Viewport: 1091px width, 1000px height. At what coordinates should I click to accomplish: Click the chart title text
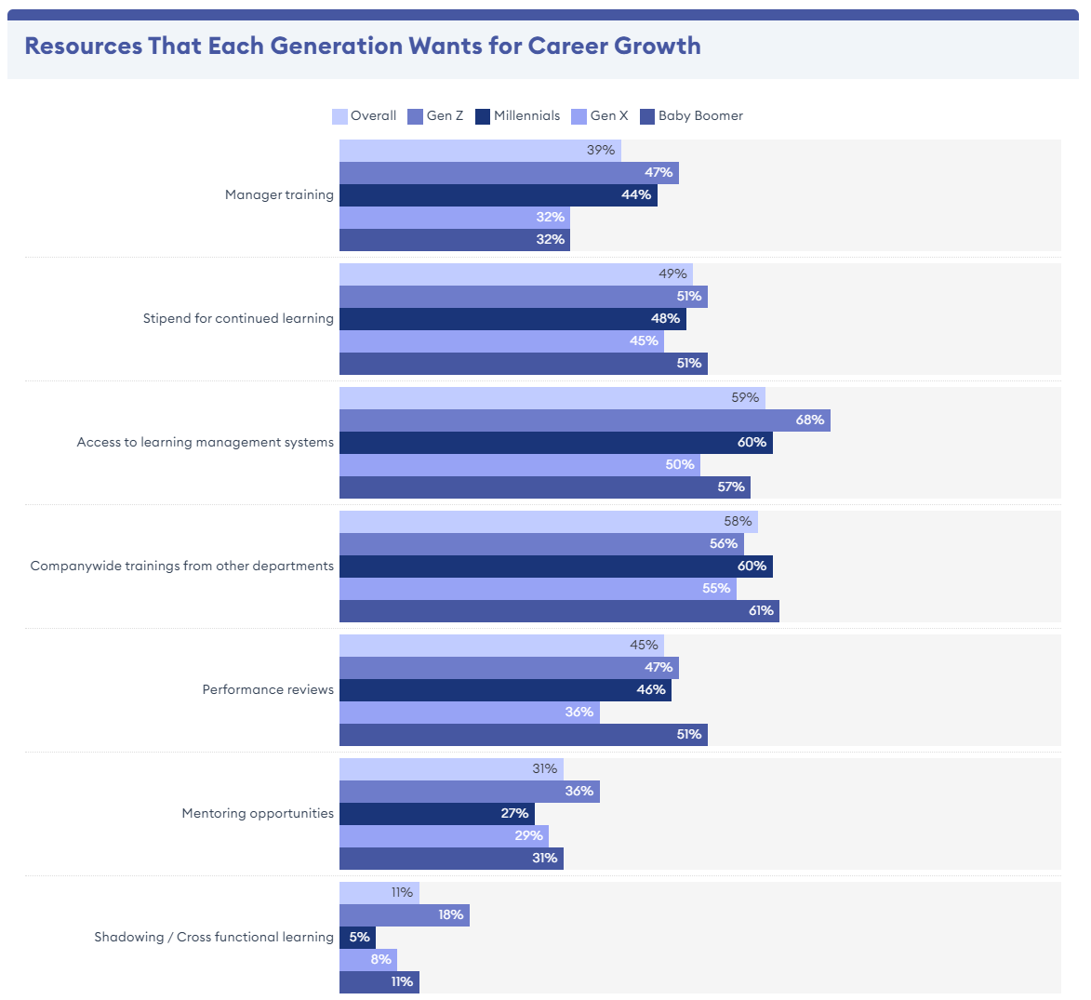tap(362, 46)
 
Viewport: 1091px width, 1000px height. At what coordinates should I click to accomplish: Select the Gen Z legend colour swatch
tap(415, 116)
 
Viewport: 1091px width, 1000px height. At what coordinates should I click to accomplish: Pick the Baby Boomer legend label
tap(700, 116)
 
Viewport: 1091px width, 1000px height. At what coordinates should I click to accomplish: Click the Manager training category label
tap(279, 194)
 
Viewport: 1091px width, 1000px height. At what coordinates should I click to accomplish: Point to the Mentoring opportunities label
tap(258, 813)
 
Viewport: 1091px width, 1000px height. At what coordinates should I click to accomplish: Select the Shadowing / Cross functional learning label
tap(214, 937)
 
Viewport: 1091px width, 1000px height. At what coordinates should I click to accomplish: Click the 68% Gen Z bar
tap(584, 420)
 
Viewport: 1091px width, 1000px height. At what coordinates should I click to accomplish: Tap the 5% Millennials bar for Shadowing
tap(357, 937)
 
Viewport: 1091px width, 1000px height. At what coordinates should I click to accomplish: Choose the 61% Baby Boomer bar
tap(558, 611)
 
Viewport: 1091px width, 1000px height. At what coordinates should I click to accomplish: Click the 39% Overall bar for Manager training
tap(480, 151)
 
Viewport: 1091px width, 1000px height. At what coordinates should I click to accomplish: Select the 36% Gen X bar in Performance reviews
tap(469, 713)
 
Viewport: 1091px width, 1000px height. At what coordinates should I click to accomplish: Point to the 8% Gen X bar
tap(367, 959)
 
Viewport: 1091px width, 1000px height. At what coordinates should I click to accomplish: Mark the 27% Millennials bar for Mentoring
tap(436, 814)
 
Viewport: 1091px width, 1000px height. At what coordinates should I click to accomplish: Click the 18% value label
tap(451, 914)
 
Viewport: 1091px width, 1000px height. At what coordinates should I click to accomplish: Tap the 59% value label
tap(745, 397)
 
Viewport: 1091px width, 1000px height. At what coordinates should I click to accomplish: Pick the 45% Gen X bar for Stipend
tap(501, 341)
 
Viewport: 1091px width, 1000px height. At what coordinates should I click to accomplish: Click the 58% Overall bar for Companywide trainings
tap(548, 522)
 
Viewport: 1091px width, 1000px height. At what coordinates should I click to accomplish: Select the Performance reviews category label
tap(268, 689)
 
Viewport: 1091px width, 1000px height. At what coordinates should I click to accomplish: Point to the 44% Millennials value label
tap(636, 195)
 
